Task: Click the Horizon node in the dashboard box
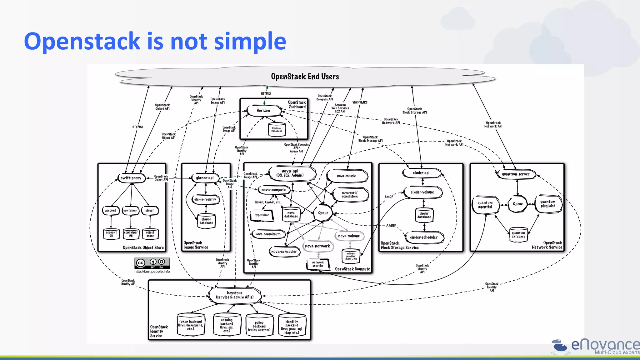click(263, 111)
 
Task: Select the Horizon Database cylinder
click(277, 130)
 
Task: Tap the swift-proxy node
click(131, 178)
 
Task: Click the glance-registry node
click(205, 199)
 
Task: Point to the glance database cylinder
click(206, 221)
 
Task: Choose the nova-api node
click(290, 173)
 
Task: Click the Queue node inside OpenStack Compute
click(323, 213)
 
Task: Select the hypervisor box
click(262, 215)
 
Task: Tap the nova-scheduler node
click(284, 252)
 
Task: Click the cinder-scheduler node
click(424, 237)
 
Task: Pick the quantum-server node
click(516, 174)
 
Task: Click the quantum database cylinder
click(518, 235)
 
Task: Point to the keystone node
click(235, 295)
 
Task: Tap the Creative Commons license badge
click(152, 263)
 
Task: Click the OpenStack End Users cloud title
click(305, 77)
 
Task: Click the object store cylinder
click(150, 234)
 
